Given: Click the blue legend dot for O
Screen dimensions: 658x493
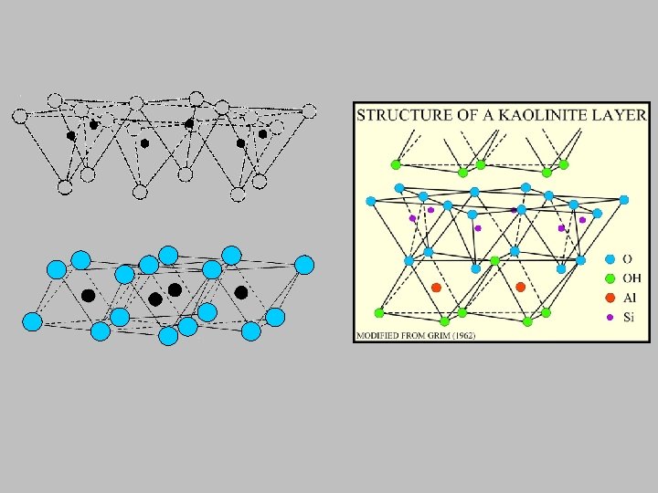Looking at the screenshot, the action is point(610,259).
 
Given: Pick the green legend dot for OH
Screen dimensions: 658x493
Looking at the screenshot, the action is point(610,278).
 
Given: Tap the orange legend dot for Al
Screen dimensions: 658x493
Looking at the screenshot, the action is point(610,298).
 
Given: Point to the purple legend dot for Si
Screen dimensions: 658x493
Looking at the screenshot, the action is point(610,317).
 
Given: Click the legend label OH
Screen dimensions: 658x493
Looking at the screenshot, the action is point(631,278).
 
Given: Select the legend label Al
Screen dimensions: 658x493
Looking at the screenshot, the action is point(630,298).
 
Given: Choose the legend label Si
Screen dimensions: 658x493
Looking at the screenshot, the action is point(629,317).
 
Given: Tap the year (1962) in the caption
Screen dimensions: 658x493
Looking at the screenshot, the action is point(464,335).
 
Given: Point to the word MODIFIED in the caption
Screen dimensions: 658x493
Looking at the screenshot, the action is point(380,335).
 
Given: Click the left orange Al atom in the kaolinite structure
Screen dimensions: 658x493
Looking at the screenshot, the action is point(436,288).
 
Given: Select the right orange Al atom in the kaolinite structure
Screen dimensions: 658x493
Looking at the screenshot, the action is point(520,288).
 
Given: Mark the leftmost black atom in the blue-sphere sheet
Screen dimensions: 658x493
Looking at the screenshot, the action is point(88,295).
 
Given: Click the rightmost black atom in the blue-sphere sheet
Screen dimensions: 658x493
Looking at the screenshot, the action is point(241,292).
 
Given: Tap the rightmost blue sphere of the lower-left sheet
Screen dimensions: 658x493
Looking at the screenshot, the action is point(304,266).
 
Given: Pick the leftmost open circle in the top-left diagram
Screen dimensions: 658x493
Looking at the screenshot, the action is point(20,116).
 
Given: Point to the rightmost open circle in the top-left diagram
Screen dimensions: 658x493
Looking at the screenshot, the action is point(310,111).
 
